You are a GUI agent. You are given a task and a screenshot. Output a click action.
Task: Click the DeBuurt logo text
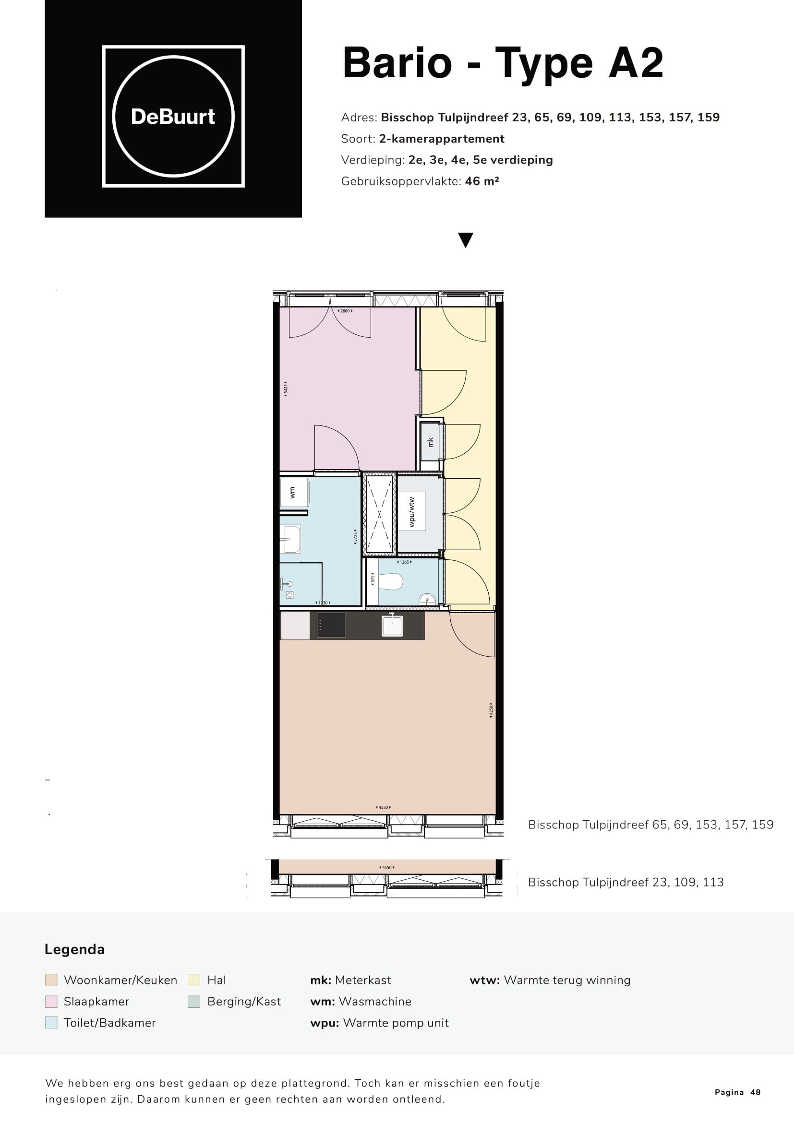tap(173, 117)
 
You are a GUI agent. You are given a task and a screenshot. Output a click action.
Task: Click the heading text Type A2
tap(579, 63)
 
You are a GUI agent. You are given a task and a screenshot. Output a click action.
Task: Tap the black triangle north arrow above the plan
tap(466, 240)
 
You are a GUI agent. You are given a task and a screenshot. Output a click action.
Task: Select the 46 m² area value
tap(482, 181)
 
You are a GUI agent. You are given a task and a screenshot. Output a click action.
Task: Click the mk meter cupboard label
tap(431, 442)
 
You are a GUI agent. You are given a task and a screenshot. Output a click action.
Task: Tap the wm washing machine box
tap(293, 493)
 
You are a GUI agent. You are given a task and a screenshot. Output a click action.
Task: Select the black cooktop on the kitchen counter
tap(331, 625)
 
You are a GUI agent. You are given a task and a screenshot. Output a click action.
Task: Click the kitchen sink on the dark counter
tap(392, 626)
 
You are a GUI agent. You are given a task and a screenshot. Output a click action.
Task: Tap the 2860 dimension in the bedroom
tap(345, 311)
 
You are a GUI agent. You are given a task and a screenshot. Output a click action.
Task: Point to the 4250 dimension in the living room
tap(491, 710)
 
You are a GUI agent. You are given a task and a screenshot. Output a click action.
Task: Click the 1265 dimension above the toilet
tap(404, 562)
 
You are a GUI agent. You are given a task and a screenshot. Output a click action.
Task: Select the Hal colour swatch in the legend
tap(194, 980)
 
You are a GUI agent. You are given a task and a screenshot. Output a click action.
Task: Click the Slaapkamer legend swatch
tap(51, 1001)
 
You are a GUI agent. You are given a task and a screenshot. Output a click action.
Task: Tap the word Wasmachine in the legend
tap(375, 1001)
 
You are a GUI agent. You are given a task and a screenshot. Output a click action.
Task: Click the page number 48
tap(756, 1092)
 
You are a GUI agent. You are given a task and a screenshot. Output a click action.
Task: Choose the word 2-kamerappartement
tap(442, 139)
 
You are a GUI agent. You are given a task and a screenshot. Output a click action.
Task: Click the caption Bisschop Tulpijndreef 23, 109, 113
tap(626, 882)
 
